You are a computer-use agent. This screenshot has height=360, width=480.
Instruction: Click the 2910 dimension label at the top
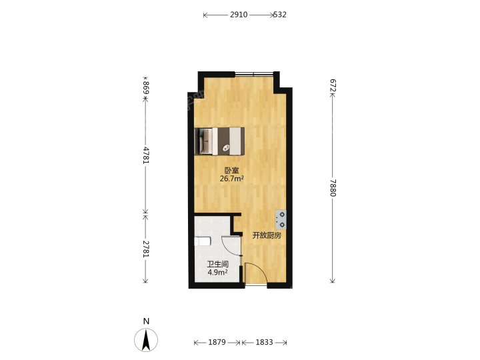click(239, 15)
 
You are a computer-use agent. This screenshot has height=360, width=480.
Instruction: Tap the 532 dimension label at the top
click(280, 15)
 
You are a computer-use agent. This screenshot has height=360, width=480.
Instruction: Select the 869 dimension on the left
click(146, 87)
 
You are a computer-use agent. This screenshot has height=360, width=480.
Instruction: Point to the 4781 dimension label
click(146, 155)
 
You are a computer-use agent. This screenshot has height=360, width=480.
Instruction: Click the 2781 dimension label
click(146, 249)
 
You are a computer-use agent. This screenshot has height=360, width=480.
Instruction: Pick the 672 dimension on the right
click(333, 85)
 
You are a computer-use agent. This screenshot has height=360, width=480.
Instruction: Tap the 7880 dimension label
click(333, 188)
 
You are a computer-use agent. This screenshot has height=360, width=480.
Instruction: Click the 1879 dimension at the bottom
click(217, 342)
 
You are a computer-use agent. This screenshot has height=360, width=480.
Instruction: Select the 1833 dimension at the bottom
click(264, 342)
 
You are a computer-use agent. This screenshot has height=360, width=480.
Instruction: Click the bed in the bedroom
click(219, 141)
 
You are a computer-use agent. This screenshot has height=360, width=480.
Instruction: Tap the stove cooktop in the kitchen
click(281, 219)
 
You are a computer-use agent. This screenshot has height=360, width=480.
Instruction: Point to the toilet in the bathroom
click(203, 241)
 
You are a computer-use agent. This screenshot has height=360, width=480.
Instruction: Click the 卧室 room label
click(232, 170)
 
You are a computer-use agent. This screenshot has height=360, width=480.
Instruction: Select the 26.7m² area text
click(232, 179)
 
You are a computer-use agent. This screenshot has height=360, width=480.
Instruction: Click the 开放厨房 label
click(267, 235)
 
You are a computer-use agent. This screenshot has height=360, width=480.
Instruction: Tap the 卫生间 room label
click(217, 264)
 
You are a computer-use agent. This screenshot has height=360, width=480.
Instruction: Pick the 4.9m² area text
click(217, 272)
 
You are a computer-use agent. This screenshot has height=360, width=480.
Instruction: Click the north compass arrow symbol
click(146, 340)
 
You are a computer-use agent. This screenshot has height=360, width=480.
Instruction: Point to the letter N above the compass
click(146, 321)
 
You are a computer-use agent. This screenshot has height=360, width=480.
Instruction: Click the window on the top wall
click(254, 74)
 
